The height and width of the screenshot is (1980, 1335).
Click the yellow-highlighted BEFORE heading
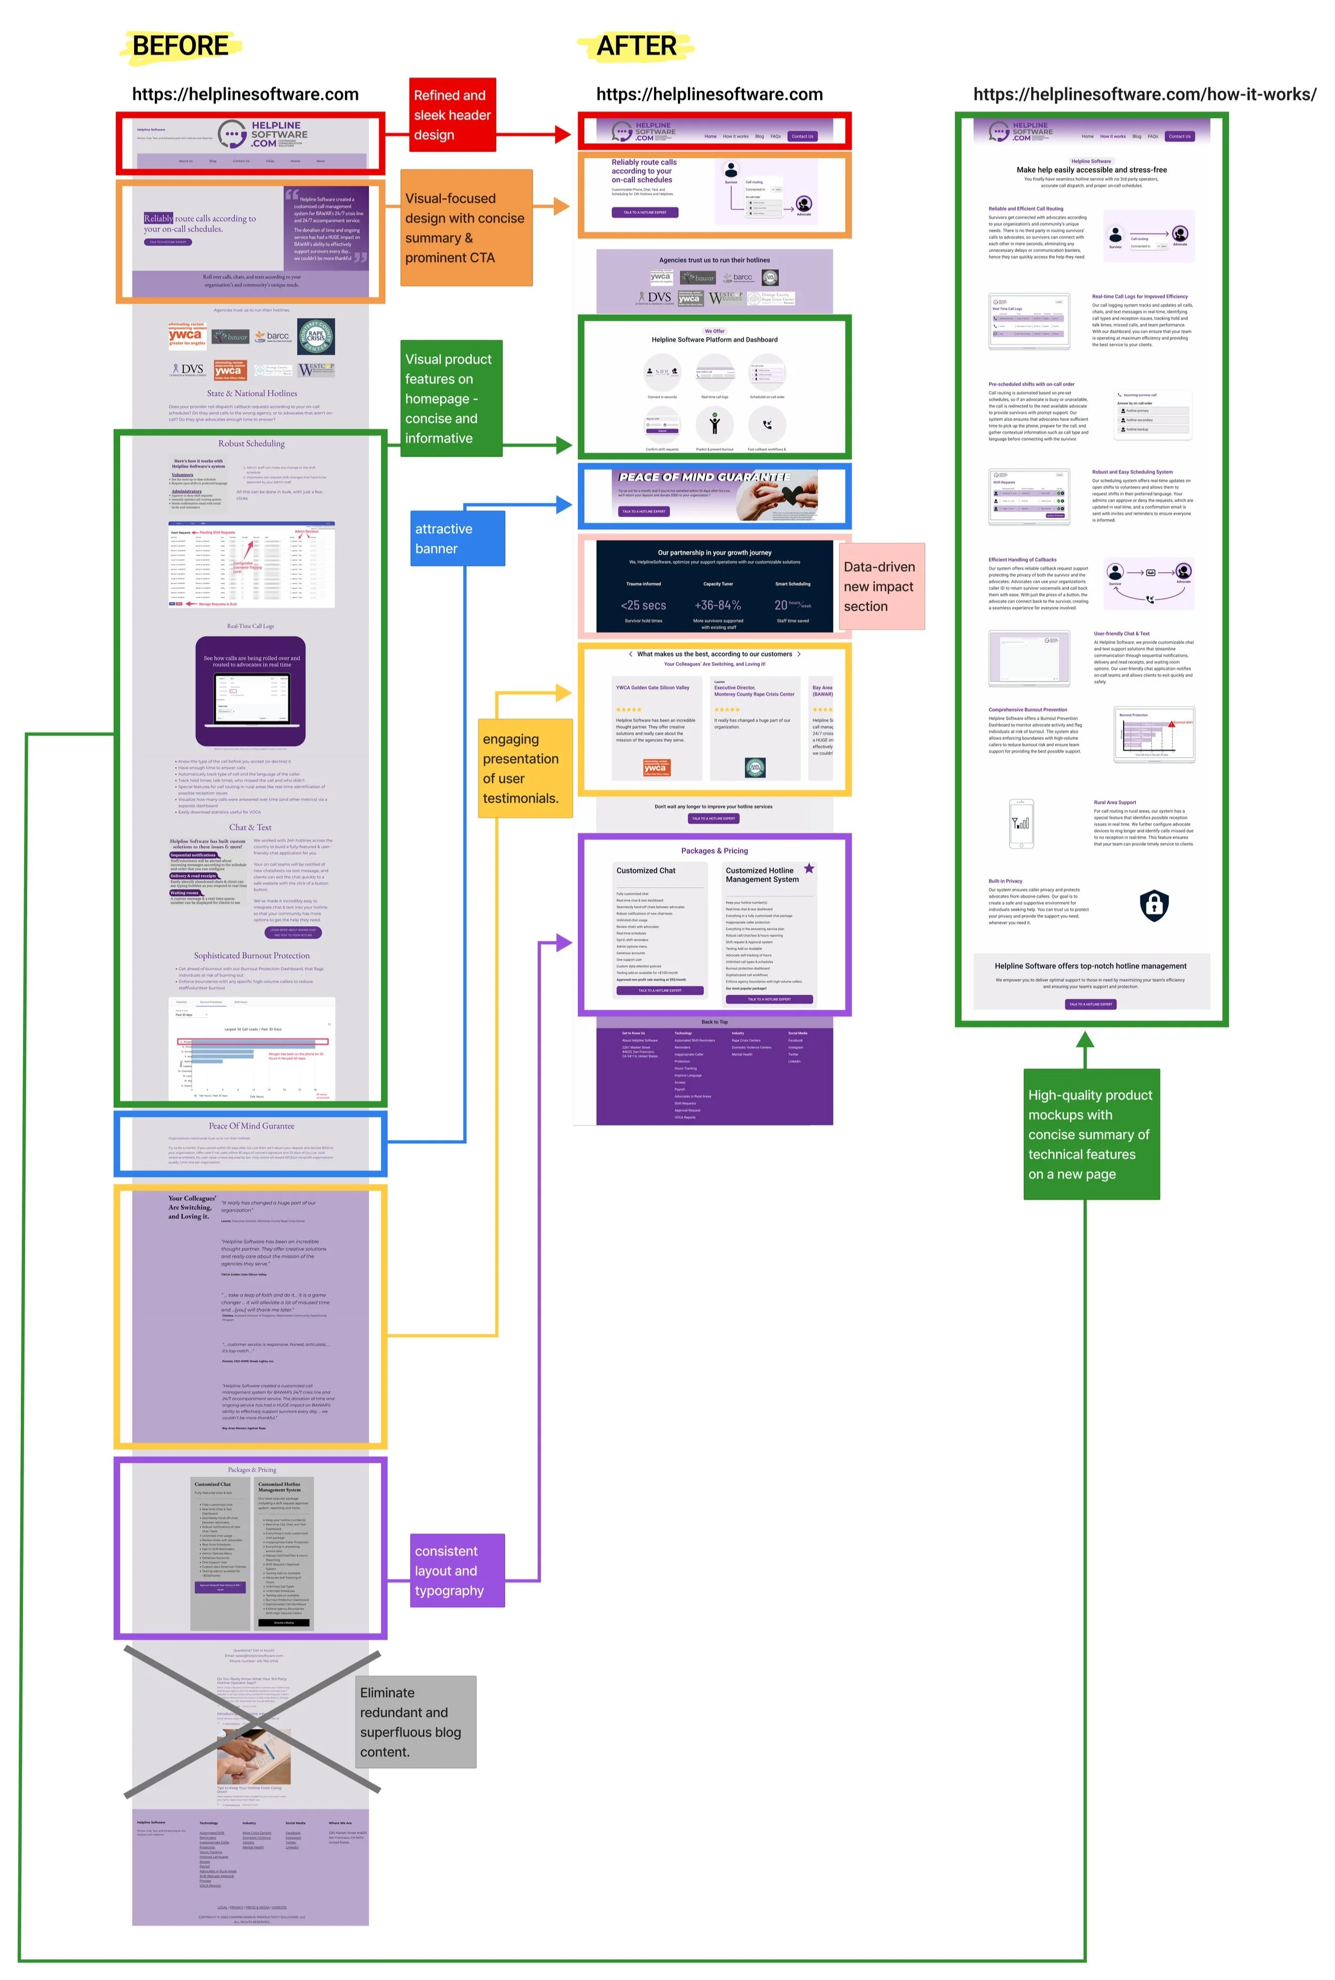coord(180,46)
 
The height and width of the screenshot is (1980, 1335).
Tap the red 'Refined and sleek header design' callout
coord(452,115)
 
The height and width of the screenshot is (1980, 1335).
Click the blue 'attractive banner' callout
coord(457,538)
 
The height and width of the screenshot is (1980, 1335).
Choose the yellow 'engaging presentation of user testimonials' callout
coord(524,768)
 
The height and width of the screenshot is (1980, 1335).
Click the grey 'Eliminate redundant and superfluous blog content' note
coord(415,1722)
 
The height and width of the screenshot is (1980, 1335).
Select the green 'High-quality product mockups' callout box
coord(1090,1134)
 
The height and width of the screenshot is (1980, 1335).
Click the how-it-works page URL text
coord(1144,95)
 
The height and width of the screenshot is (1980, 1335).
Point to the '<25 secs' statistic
coord(643,605)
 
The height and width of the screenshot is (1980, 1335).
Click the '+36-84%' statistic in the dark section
coord(718,605)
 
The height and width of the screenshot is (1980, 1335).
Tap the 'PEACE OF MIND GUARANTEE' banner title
coord(704,477)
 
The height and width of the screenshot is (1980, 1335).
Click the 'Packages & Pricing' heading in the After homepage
coord(714,851)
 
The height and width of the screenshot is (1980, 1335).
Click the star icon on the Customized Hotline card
coord(809,869)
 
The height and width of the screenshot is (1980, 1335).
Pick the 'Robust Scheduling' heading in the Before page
coord(251,443)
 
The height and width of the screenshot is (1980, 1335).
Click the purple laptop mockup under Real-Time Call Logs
coord(250,691)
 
